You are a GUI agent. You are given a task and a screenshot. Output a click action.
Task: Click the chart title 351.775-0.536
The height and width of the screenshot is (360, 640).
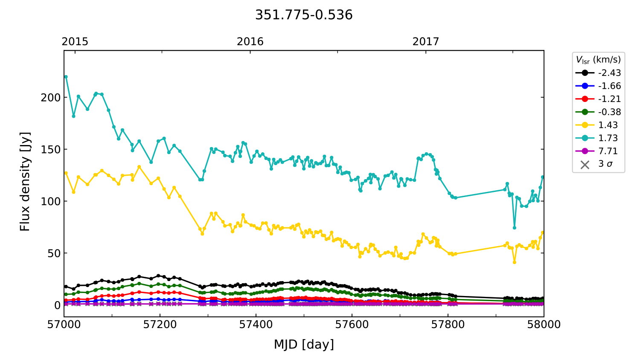coord(304,15)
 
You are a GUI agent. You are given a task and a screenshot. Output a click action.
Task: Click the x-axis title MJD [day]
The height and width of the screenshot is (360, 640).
coord(304,344)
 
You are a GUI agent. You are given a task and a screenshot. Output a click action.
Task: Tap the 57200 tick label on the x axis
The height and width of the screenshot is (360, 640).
coord(160,325)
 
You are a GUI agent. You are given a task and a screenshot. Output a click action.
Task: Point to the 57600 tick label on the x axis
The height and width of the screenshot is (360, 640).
coord(352,325)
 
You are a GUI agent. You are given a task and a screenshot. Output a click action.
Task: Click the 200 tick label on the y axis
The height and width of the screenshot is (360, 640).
coord(51,97)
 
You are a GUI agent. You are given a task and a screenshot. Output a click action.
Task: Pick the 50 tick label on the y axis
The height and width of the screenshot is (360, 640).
coord(54,253)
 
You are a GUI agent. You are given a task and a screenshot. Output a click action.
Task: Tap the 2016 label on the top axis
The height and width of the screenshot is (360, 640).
coord(250,41)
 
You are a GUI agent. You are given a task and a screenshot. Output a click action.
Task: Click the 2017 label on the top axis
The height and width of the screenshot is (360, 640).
coord(425,41)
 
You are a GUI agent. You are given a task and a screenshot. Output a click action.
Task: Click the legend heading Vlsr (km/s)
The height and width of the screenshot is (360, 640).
coord(598,60)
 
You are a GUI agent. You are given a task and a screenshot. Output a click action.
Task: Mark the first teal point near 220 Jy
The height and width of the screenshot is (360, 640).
coord(66,77)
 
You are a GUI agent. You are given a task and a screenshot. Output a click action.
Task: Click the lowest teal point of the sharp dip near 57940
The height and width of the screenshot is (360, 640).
coord(515,228)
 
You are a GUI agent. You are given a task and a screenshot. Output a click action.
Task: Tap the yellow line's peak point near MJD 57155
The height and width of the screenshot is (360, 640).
coord(139,167)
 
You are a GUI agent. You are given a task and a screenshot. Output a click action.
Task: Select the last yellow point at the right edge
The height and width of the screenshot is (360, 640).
coord(543,233)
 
